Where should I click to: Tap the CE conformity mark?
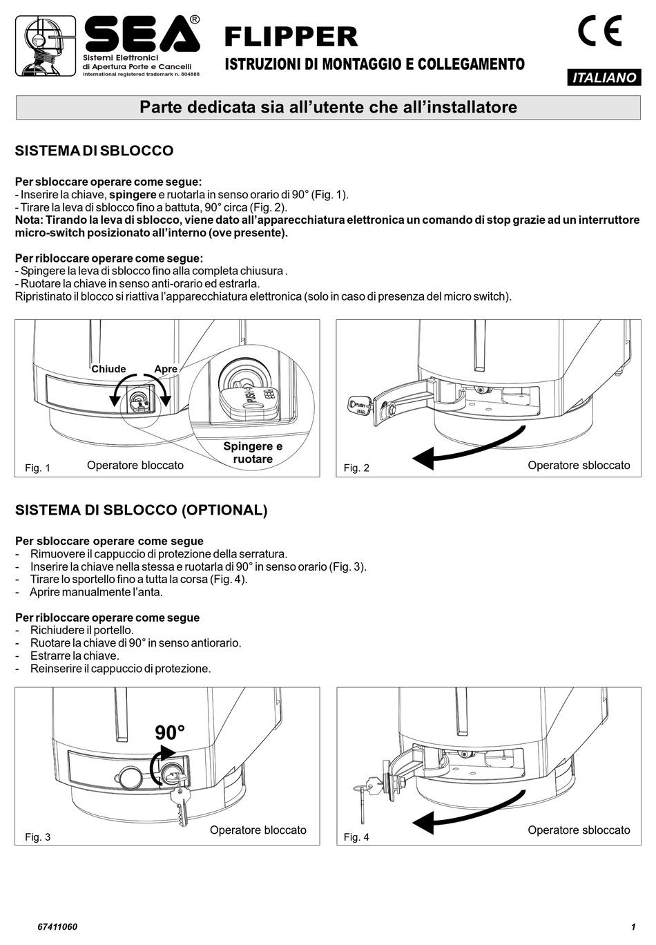pyautogui.click(x=599, y=31)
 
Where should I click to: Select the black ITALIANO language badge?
pyautogui.click(x=604, y=78)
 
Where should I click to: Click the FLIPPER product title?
pyautogui.click(x=291, y=36)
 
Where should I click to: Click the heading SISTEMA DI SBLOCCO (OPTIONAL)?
pyautogui.click(x=141, y=510)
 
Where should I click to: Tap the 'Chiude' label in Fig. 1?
pyautogui.click(x=108, y=369)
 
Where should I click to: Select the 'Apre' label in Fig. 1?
pyautogui.click(x=166, y=369)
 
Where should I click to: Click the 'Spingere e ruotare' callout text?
pyautogui.click(x=253, y=452)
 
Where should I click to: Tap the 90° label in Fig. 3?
pyautogui.click(x=170, y=733)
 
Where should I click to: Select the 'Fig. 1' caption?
pyautogui.click(x=37, y=468)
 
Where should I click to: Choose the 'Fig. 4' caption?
pyautogui.click(x=356, y=837)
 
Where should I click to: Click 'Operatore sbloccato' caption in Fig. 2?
pyautogui.click(x=579, y=466)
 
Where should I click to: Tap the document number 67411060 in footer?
pyautogui.click(x=57, y=927)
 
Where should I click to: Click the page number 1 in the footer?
pyautogui.click(x=633, y=927)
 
